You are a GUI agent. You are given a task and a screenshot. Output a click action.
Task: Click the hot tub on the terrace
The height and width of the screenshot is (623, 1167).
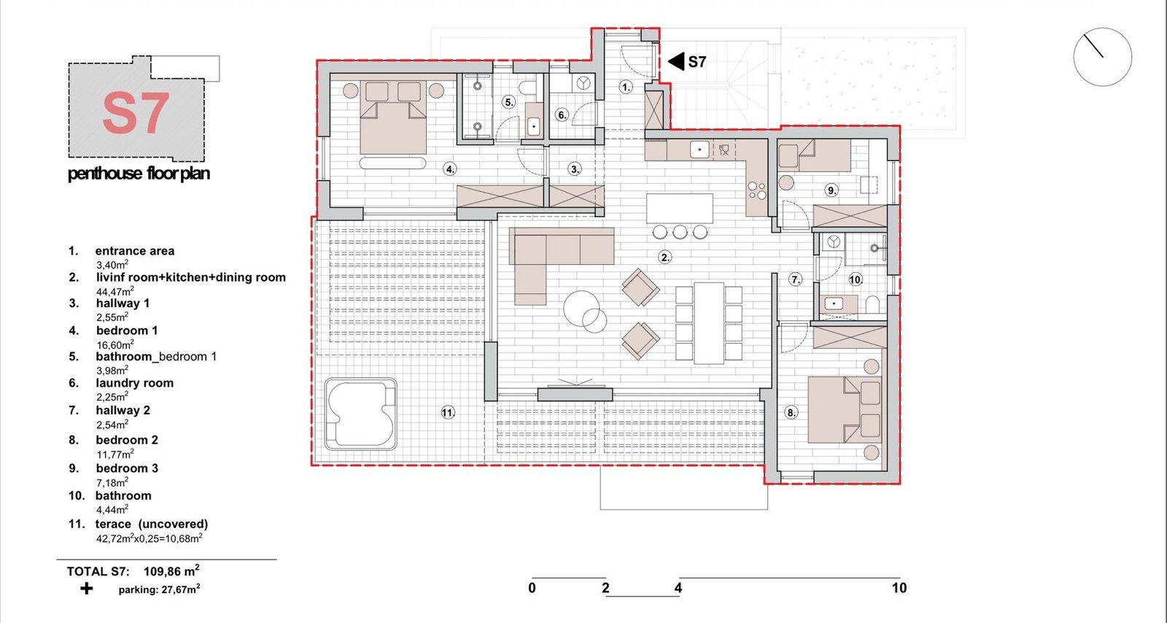(360, 414)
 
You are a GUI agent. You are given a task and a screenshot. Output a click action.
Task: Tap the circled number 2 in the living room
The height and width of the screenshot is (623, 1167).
(664, 257)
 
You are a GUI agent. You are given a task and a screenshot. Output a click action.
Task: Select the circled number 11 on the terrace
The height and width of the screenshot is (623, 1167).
(448, 413)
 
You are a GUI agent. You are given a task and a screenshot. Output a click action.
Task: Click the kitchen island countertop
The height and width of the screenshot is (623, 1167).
(680, 209)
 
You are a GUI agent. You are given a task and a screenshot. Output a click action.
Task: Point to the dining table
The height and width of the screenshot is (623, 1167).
(709, 323)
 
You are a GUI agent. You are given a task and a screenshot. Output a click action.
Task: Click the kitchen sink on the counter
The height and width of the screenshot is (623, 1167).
(699, 150)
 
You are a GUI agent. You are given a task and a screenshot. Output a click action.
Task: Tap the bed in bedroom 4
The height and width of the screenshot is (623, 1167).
(393, 117)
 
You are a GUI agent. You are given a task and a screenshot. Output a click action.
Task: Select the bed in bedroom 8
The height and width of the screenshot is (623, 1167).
(844, 410)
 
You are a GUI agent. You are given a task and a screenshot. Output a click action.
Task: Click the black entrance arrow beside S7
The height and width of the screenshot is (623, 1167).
(675, 61)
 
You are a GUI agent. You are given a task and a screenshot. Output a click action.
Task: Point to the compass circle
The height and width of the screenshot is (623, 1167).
(1102, 57)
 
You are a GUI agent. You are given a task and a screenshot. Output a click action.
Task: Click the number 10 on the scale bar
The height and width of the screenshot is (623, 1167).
(899, 588)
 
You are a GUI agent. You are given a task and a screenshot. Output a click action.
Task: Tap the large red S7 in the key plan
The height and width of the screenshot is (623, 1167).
(136, 113)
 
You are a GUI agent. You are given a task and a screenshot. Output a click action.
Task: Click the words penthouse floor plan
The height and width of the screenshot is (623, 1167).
(139, 173)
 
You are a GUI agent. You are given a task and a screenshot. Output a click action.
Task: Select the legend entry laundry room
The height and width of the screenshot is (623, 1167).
(134, 384)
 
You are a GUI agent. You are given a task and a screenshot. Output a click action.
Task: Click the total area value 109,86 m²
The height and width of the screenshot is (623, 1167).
(171, 571)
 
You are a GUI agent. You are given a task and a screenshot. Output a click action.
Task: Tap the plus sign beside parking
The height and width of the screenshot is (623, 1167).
(87, 589)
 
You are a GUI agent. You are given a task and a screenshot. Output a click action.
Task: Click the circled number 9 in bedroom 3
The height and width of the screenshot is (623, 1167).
(832, 190)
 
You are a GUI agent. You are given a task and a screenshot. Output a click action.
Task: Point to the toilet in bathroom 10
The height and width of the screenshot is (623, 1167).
(872, 304)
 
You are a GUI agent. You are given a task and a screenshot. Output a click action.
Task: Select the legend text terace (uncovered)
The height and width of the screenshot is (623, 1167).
(152, 524)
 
